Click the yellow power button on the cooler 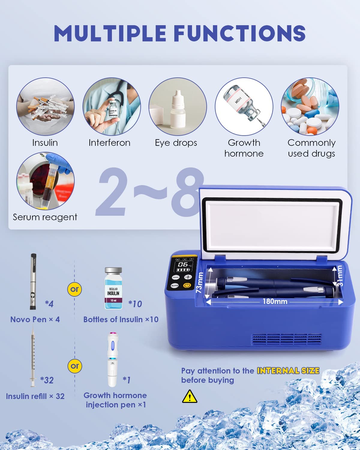click(x=187, y=285)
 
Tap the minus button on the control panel click(x=176, y=277)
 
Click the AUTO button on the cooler click(x=175, y=286)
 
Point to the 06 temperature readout click(x=183, y=265)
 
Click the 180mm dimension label click(x=275, y=301)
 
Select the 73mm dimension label click(x=199, y=283)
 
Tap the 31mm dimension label click(x=340, y=276)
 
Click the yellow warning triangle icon click(x=190, y=397)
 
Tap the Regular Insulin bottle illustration click(x=113, y=288)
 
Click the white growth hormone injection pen click(x=112, y=360)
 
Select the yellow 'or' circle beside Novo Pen click(x=74, y=289)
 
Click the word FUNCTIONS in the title click(x=240, y=33)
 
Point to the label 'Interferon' click(x=109, y=143)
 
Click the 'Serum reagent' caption click(x=45, y=217)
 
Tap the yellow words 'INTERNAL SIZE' click(x=288, y=371)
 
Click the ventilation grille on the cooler click(x=286, y=340)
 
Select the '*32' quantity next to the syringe click(x=47, y=380)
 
